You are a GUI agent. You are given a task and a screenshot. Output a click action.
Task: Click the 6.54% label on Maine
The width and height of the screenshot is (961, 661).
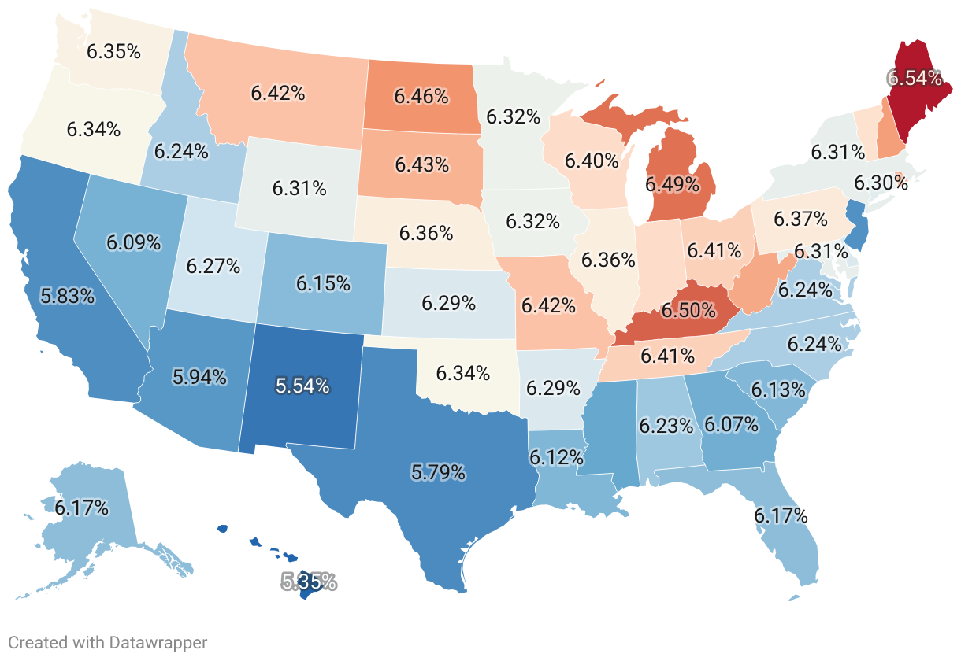pos(915,78)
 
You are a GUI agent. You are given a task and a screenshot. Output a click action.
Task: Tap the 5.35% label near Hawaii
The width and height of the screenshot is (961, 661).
pos(309,582)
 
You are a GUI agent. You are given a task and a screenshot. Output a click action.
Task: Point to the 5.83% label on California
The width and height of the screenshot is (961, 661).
pos(69,296)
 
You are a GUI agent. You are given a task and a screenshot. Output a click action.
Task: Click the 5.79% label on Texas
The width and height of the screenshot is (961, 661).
pos(438,473)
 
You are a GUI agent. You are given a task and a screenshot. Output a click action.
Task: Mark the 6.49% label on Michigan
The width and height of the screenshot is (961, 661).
pos(672,184)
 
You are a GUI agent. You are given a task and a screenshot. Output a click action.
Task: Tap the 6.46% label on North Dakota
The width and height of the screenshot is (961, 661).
pos(421,97)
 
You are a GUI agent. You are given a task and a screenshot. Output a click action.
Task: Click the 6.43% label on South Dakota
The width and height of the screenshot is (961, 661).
pos(422,165)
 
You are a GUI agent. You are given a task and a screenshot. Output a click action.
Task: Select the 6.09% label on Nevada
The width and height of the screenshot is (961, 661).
pos(134,242)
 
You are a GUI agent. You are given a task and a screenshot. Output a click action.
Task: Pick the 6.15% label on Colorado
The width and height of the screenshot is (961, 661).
pos(323,283)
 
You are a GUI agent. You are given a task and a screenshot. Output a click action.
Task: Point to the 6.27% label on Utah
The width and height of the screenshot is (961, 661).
pos(213,266)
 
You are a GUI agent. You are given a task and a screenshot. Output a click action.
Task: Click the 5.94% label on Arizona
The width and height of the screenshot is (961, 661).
pos(199,377)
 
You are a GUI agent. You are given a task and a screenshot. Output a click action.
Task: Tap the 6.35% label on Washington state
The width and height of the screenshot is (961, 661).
pos(114,52)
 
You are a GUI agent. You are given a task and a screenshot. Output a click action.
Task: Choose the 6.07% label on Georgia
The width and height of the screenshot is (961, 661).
pos(731,425)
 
